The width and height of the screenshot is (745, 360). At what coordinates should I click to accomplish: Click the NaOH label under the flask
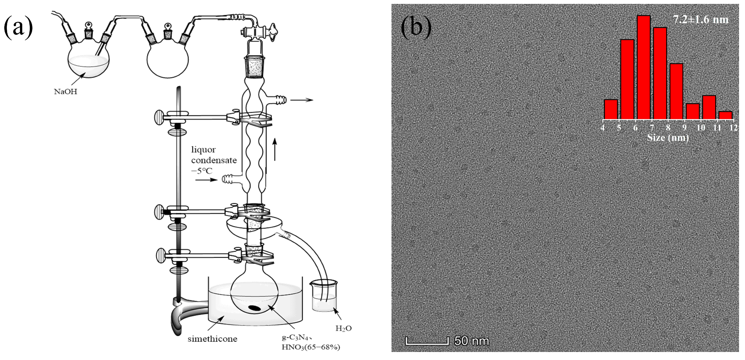66,92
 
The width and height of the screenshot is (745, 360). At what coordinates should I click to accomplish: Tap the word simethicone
212,339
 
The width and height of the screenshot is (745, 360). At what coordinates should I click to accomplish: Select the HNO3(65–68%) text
311,347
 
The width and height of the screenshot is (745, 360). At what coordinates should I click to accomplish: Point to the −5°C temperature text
202,171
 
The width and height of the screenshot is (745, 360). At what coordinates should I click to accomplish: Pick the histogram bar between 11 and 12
725,115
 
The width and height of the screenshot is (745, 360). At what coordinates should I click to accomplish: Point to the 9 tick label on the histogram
684,127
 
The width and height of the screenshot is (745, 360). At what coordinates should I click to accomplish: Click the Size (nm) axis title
668,137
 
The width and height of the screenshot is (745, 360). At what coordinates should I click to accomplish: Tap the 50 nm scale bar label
471,341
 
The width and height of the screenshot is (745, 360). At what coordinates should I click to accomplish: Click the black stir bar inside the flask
255,308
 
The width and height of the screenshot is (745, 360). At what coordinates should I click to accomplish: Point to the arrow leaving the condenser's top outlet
301,100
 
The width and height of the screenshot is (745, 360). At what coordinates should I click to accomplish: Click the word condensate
214,160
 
